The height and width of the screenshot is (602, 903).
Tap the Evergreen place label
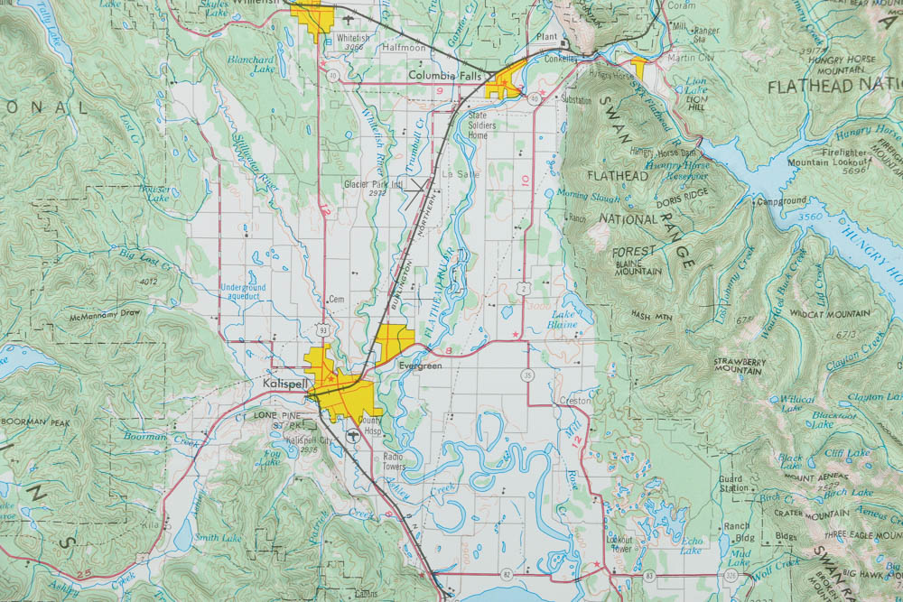[419, 366]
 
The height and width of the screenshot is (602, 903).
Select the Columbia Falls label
[443, 76]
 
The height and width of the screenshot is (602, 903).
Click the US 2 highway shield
[524, 286]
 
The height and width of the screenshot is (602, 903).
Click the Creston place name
[574, 400]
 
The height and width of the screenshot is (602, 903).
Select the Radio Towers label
[392, 462]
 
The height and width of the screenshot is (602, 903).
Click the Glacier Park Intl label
[372, 187]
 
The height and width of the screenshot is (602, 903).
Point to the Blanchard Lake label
[250, 64]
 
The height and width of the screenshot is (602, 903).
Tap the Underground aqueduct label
[242, 292]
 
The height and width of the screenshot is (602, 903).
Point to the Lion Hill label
[696, 99]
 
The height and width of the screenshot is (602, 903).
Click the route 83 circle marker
[649, 575]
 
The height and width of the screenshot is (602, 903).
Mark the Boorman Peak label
[37, 421]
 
